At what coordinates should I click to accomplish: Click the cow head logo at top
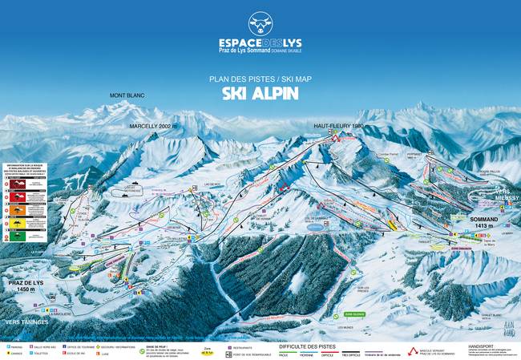click(260, 22)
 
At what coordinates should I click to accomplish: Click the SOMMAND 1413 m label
click(486, 221)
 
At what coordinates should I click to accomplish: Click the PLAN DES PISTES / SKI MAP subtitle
click(260, 79)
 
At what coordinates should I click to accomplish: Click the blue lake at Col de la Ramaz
click(318, 227)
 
